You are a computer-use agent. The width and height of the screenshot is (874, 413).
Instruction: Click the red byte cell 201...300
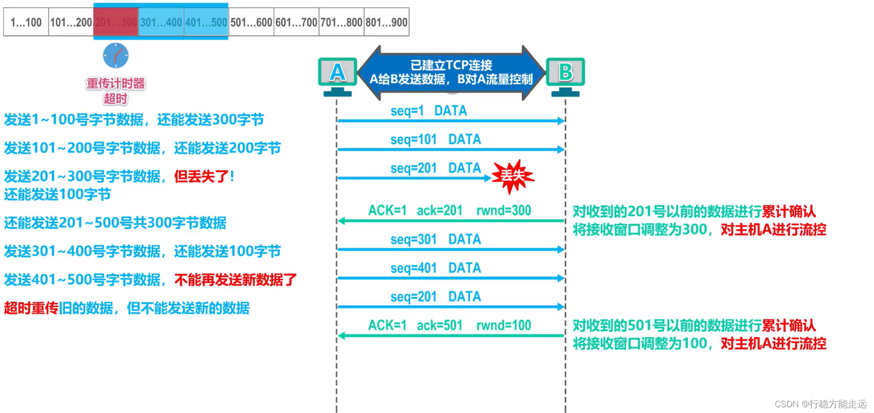coord(116,22)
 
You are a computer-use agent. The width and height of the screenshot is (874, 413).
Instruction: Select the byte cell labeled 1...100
coord(26,22)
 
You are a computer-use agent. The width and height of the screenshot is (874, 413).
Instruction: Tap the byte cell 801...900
coord(386,22)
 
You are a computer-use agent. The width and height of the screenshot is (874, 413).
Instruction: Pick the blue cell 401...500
coord(206,22)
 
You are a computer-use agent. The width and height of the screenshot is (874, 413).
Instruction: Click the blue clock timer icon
coord(116,56)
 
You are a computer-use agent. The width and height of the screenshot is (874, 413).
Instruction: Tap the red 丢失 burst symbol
coord(512,177)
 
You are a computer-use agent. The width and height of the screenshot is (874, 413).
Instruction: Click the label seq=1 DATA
coord(428,111)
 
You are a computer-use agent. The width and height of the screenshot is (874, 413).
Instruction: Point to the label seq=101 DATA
coord(435,140)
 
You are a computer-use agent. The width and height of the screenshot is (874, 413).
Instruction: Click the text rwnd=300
coord(503,211)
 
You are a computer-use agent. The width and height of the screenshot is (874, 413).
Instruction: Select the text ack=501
coord(439,326)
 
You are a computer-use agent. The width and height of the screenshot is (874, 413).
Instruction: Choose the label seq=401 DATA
coord(435,268)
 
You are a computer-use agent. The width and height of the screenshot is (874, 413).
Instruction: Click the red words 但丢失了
coord(201,177)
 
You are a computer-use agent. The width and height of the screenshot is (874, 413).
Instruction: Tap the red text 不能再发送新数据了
coord(235,280)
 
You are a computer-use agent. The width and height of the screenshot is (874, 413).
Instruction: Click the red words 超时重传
coord(31,308)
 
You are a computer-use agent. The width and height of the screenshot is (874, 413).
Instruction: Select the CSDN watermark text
coord(820,404)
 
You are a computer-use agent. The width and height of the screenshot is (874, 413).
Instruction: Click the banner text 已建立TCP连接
coord(451,65)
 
